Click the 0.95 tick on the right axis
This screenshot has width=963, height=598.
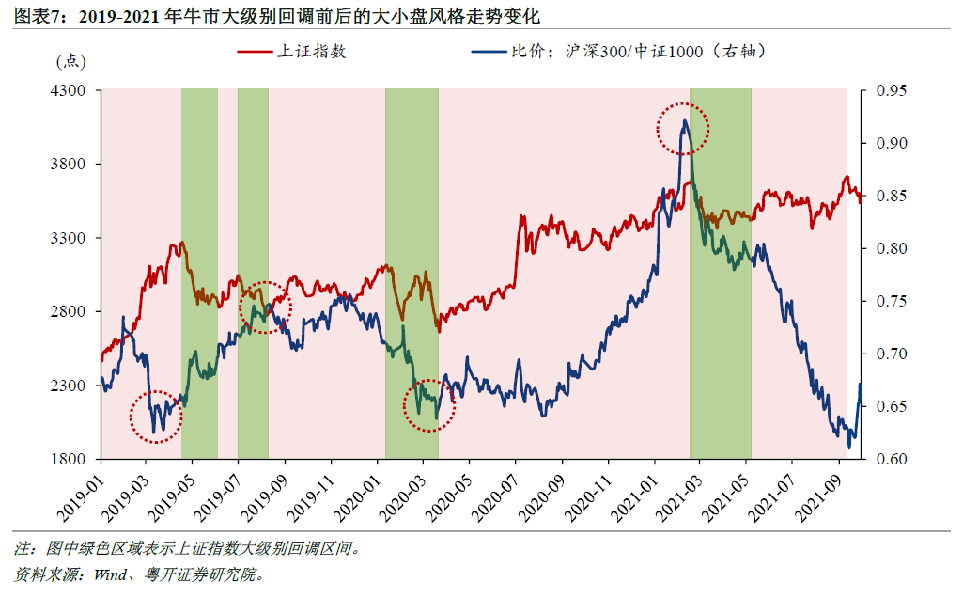[x=891, y=90]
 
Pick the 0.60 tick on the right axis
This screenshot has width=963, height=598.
[x=891, y=460]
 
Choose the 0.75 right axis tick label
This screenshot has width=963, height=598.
[x=891, y=302]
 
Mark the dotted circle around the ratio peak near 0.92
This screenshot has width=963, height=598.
[x=683, y=129]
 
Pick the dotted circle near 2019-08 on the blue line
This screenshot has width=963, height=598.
[x=266, y=307]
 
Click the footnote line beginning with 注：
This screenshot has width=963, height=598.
[x=188, y=547]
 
